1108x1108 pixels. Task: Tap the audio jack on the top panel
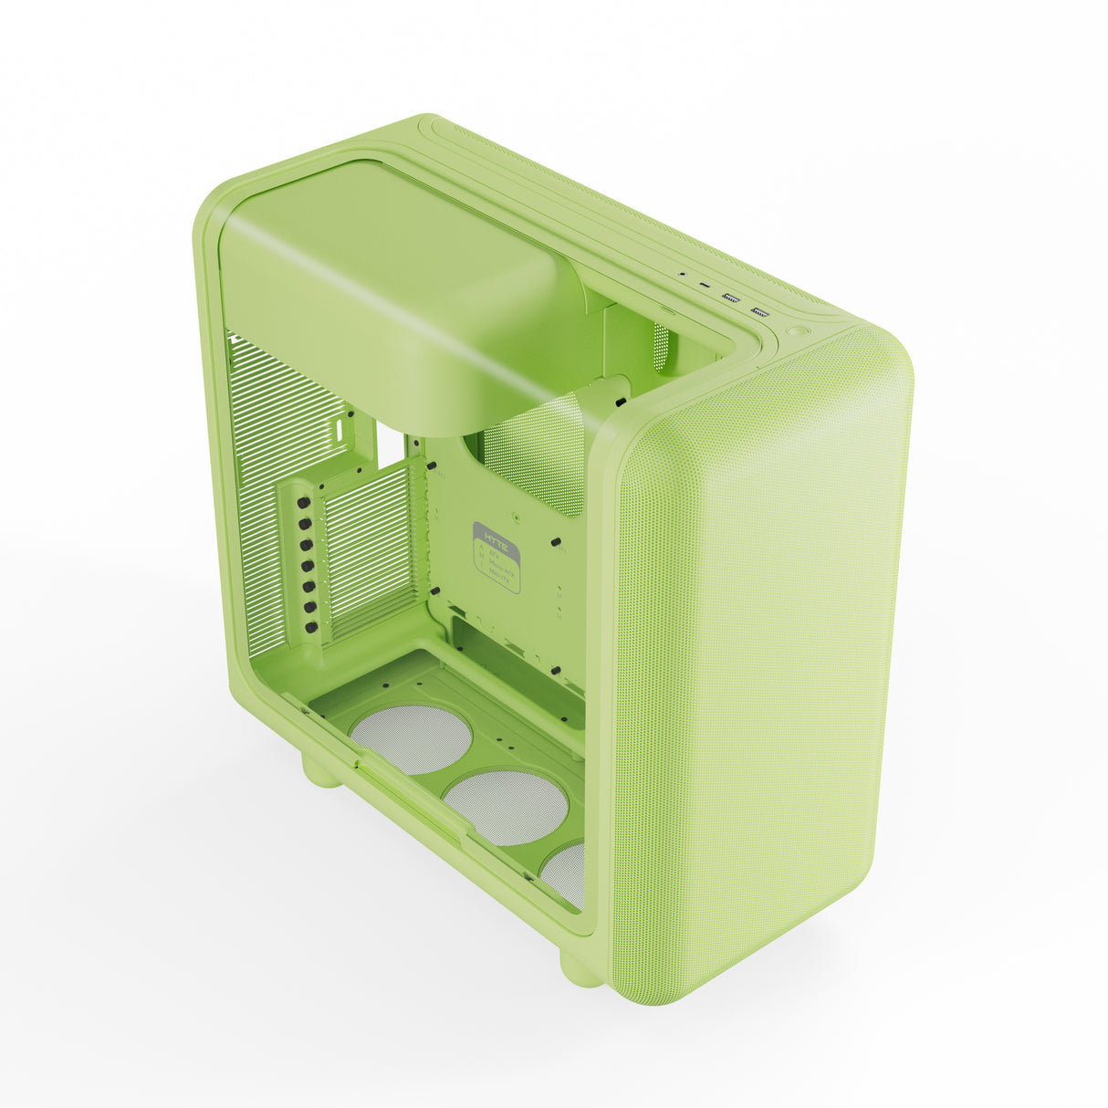[x=683, y=273]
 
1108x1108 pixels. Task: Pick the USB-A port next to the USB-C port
[x=731, y=298]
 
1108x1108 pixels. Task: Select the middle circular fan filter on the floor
[x=506, y=806]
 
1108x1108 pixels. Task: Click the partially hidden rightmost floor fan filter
[x=566, y=874]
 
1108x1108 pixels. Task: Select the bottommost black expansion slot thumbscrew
[x=313, y=627]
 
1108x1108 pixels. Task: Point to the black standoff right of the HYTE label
[x=555, y=543]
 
